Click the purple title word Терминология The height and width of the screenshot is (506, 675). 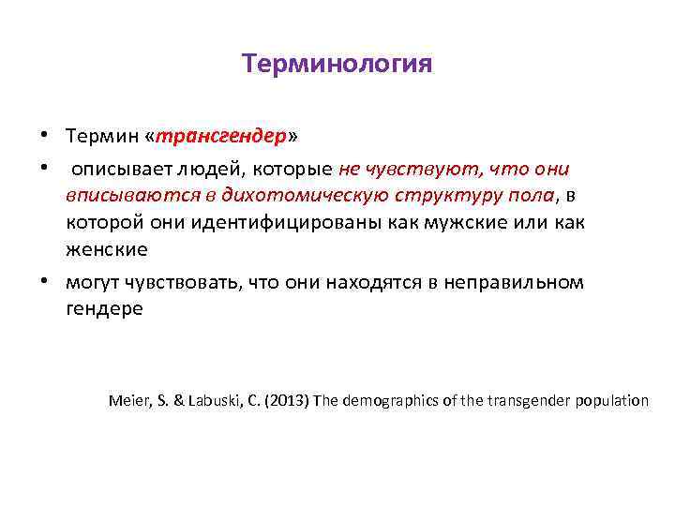tap(337, 64)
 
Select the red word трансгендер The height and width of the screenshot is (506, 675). tap(220, 136)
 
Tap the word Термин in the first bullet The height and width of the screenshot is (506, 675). tap(101, 136)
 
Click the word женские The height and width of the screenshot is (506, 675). tap(105, 250)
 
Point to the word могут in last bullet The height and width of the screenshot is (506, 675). tap(93, 282)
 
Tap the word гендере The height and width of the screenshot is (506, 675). tap(104, 308)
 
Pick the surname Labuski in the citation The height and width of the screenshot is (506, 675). tap(215, 400)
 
